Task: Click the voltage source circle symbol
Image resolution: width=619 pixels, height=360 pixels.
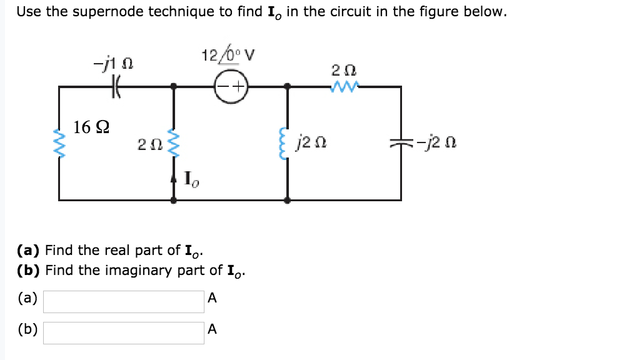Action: click(231, 86)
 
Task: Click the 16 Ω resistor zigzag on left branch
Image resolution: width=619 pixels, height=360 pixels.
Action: click(59, 145)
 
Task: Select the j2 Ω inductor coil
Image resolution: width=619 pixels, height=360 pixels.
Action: click(287, 145)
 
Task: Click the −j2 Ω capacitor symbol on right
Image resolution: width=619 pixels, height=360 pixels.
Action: click(401, 144)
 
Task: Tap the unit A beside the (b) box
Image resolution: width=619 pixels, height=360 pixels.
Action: click(212, 329)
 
